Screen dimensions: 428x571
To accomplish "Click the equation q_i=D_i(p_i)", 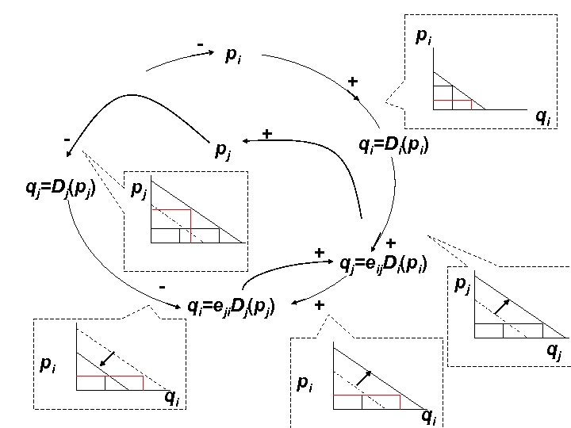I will tap(394, 146).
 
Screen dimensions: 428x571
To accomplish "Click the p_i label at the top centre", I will tap(234, 55).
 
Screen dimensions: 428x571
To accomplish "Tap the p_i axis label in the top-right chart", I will tap(424, 37).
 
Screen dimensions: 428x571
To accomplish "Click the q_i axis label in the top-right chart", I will tap(543, 118).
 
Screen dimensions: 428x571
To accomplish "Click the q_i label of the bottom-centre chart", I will tap(428, 415).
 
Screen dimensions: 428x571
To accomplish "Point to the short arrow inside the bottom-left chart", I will tap(109, 358).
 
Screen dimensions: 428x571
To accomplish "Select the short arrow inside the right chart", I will tap(500, 305).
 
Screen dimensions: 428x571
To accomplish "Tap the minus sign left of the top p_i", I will tap(201, 43).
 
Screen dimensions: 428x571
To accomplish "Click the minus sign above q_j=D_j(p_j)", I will tap(68, 140).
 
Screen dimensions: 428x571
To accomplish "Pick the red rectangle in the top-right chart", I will tap(452, 104).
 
